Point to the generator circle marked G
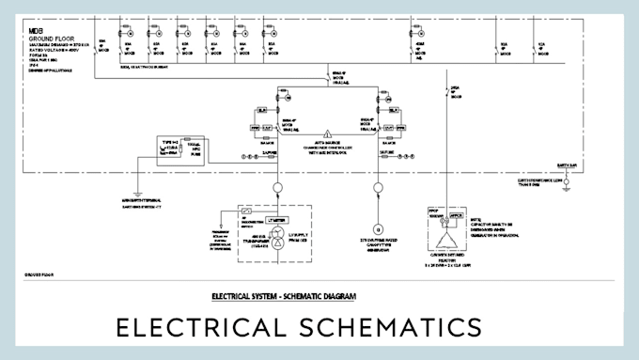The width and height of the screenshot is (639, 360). pos(379,228)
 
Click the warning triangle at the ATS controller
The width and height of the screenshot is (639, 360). pos(327,133)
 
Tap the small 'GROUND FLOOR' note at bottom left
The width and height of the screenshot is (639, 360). pos(38,275)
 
